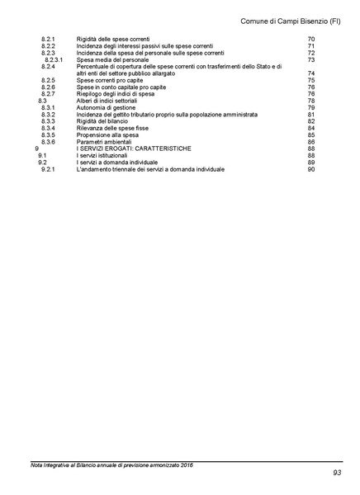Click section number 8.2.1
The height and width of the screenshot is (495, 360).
coord(49,39)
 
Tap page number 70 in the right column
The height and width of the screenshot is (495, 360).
coord(310,39)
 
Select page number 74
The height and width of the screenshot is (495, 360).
coord(310,73)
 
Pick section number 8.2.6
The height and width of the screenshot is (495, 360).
coord(49,87)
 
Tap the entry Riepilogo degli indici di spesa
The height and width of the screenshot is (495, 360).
coord(116,93)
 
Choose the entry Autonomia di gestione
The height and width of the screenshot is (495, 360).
coord(107,107)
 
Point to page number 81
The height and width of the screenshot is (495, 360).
coord(310,114)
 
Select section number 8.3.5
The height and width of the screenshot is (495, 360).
coord(49,134)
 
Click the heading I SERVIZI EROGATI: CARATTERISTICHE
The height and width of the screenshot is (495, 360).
coord(133,148)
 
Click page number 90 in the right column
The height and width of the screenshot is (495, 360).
coord(310,169)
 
